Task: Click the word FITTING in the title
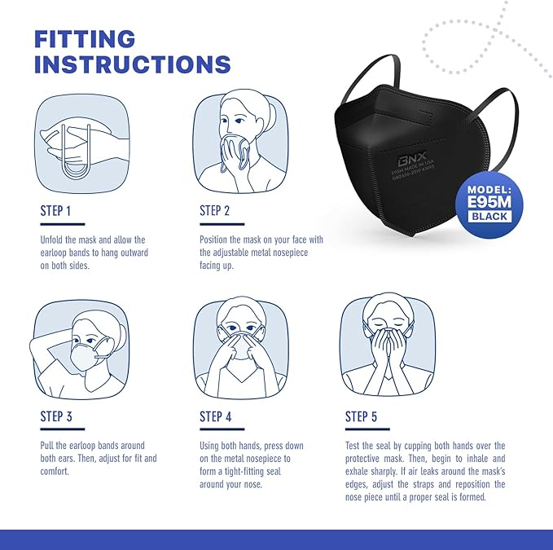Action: [84, 38]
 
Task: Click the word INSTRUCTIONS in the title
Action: [133, 64]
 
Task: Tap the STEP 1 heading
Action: [56, 211]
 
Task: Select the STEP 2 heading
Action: [215, 211]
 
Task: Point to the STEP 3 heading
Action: [56, 416]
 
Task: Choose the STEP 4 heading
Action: [215, 416]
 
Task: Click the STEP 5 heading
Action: [361, 416]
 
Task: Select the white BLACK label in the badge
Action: [489, 217]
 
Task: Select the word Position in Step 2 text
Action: [217, 240]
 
